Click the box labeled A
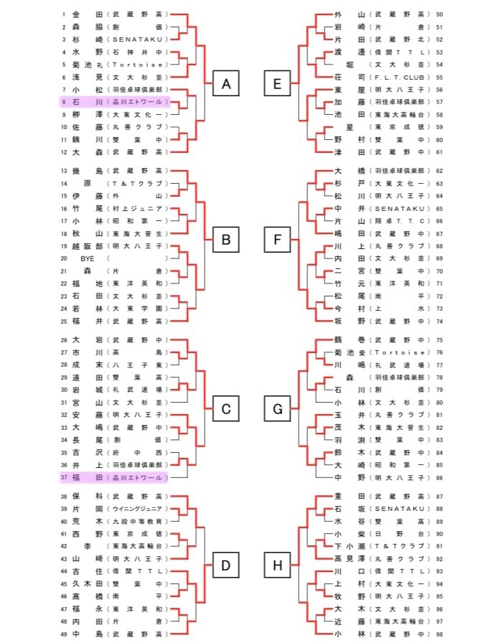tap(225, 86)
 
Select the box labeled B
tap(225, 240)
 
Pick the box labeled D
tap(225, 566)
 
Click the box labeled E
tap(277, 86)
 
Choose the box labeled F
tap(277, 240)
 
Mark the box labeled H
tap(277, 566)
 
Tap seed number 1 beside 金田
tap(64, 14)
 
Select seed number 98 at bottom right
tap(439, 634)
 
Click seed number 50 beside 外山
tap(439, 14)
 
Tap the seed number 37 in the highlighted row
tap(64, 477)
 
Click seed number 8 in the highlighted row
tap(64, 103)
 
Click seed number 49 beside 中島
tap(64, 634)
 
